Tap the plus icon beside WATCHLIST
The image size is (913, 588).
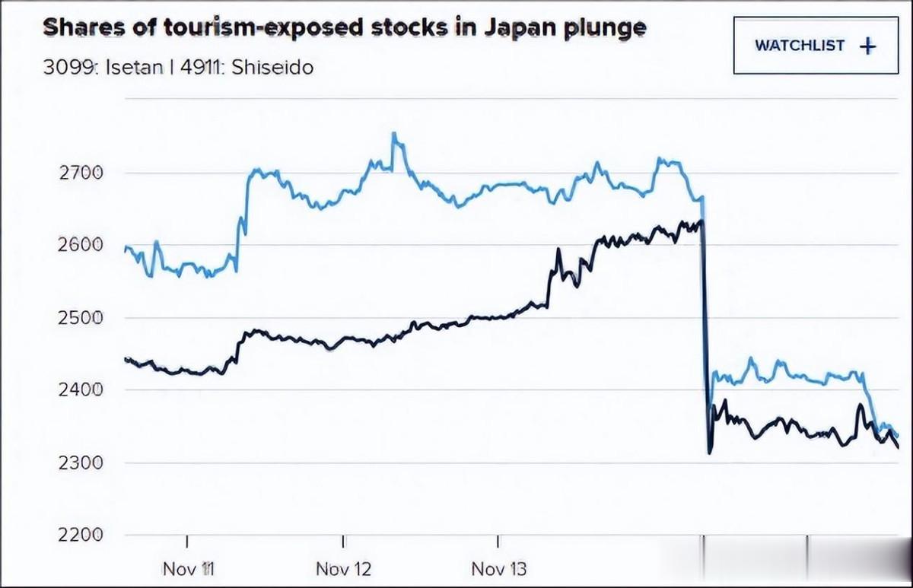pos(867,46)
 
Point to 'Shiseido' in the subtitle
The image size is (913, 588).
pos(272,67)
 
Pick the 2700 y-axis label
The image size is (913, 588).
pos(80,173)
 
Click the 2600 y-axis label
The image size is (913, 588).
pos(80,245)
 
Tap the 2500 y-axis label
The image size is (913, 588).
pos(80,317)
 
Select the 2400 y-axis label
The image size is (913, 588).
pos(80,389)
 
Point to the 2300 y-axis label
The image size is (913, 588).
pos(80,462)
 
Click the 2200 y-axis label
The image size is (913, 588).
pos(80,534)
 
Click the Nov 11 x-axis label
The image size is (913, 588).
pos(189,568)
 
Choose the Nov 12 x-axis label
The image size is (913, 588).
pos(344,568)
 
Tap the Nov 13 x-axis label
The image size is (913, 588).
pos(499,568)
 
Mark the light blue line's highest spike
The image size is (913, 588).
pos(394,135)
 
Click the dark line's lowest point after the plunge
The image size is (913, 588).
pos(710,453)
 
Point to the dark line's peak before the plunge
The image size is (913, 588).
pos(701,221)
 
